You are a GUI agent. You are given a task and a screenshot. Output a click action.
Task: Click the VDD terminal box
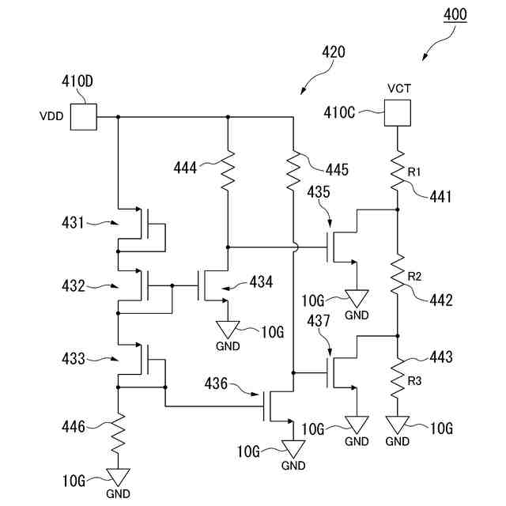click(x=83, y=117)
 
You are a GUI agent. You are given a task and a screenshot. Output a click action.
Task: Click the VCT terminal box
click(x=397, y=112)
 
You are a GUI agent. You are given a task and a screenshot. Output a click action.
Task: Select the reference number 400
click(x=455, y=15)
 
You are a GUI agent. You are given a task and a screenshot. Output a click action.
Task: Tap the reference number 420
click(x=333, y=53)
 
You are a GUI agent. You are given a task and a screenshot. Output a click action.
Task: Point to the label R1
click(x=415, y=171)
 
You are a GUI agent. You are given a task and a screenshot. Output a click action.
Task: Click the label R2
click(x=415, y=276)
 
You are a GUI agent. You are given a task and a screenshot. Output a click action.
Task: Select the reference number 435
click(x=320, y=192)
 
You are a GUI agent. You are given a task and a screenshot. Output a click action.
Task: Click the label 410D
click(x=77, y=81)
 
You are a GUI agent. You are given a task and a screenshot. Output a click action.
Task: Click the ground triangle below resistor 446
click(x=119, y=477)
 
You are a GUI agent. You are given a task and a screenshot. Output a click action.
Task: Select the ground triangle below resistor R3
click(x=397, y=425)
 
